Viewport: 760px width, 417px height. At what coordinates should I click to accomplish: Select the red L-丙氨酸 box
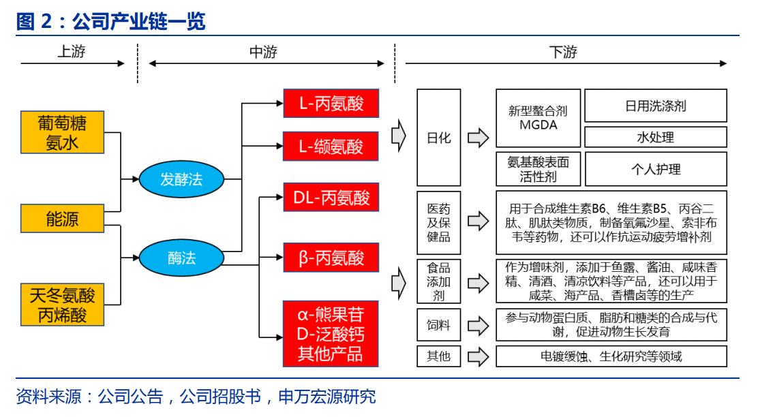pyautogui.click(x=331, y=104)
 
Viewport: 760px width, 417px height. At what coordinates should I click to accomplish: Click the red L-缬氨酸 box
pyautogui.click(x=331, y=146)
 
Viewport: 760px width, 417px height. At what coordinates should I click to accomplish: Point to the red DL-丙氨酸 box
pyautogui.click(x=331, y=198)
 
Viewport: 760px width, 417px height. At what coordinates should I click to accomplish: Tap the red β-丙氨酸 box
pyautogui.click(x=331, y=258)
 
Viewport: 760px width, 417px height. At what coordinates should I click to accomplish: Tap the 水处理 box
pyautogui.click(x=656, y=137)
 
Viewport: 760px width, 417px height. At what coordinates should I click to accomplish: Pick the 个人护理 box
pyautogui.click(x=656, y=168)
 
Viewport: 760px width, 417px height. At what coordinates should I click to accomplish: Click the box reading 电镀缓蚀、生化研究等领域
pyautogui.click(x=611, y=356)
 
